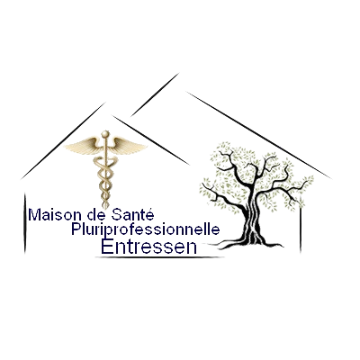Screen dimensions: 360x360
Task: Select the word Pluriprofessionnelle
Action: (x=146, y=230)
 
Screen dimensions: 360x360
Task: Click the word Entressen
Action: (x=149, y=247)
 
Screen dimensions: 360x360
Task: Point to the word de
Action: (x=96, y=215)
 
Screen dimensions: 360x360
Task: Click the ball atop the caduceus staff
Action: (x=105, y=134)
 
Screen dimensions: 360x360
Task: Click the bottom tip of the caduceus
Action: (x=105, y=208)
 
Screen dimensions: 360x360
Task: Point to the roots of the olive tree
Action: (x=250, y=244)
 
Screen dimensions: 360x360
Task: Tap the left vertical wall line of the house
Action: (x=24, y=222)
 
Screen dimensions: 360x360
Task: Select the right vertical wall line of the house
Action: (x=301, y=226)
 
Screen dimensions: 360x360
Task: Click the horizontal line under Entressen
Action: (x=160, y=257)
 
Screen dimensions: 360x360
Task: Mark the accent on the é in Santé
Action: (x=150, y=209)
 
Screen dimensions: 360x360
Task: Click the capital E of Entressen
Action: (x=107, y=247)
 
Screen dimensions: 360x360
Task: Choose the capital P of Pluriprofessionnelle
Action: (x=76, y=229)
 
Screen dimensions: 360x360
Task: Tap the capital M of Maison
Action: (x=34, y=215)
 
